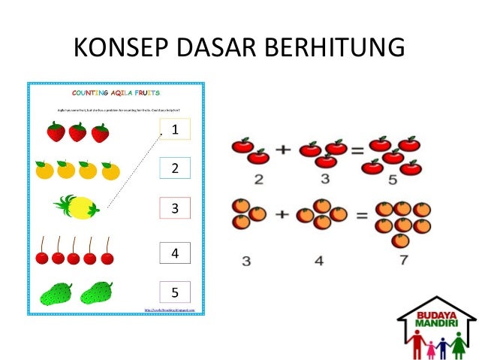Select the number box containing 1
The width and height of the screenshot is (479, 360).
click(175, 129)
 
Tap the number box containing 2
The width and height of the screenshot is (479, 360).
click(175, 168)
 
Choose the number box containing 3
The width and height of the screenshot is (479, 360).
click(175, 207)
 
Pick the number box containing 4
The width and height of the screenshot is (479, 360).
click(175, 253)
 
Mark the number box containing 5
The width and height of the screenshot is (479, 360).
click(175, 292)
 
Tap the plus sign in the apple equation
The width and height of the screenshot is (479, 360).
click(284, 150)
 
